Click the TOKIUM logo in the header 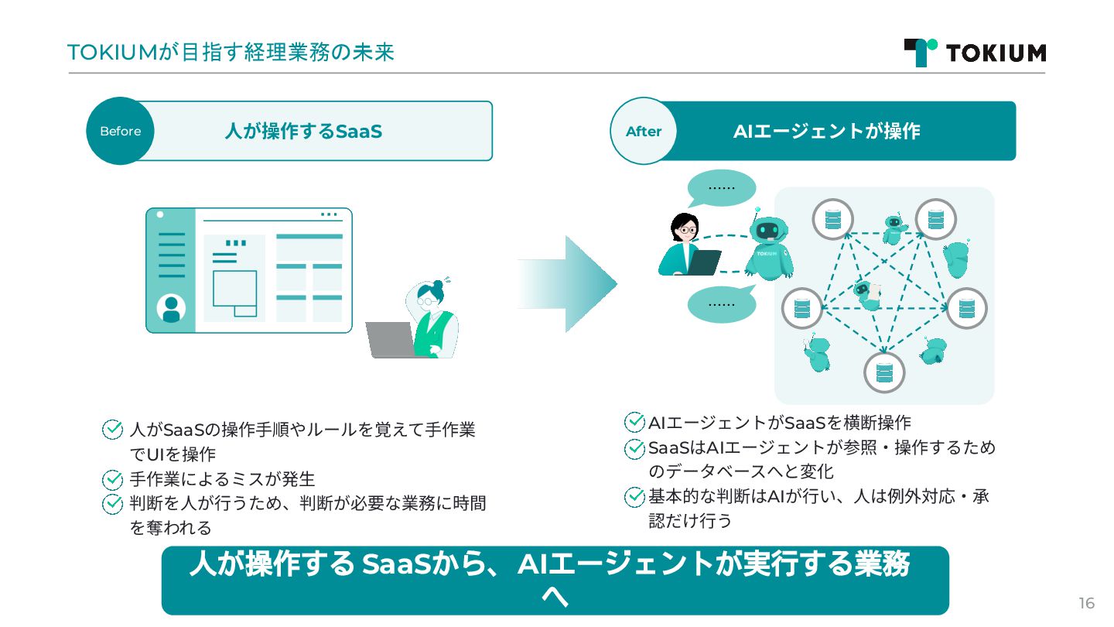click(x=975, y=52)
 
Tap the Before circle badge click(x=120, y=131)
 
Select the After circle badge click(x=644, y=131)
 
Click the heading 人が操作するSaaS click(x=303, y=131)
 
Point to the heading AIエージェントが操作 click(x=826, y=131)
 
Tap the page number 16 click(x=1086, y=604)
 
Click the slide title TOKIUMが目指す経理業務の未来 click(x=231, y=52)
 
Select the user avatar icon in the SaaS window click(x=171, y=309)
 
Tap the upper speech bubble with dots click(x=721, y=188)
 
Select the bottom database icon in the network click(x=884, y=372)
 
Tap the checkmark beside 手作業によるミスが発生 click(x=113, y=479)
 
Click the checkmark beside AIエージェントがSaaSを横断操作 click(x=634, y=423)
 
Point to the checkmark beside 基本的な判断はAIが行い click(x=634, y=496)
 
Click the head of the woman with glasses click(x=685, y=226)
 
